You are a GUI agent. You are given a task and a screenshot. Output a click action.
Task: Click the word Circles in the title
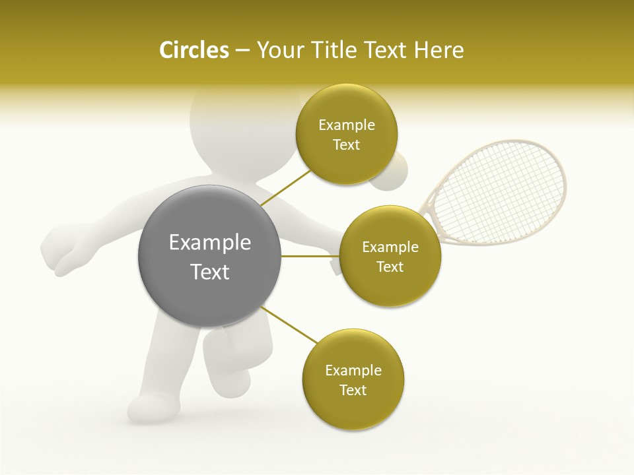point(194,50)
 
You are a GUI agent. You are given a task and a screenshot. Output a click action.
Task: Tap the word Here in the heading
point(439,50)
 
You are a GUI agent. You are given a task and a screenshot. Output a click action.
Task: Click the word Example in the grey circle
point(209,243)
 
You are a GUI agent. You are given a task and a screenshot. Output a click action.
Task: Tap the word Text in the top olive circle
point(347,145)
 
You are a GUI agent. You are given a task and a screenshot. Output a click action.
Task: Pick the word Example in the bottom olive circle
point(353,371)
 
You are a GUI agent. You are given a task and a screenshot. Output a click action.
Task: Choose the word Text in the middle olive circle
point(390,267)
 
